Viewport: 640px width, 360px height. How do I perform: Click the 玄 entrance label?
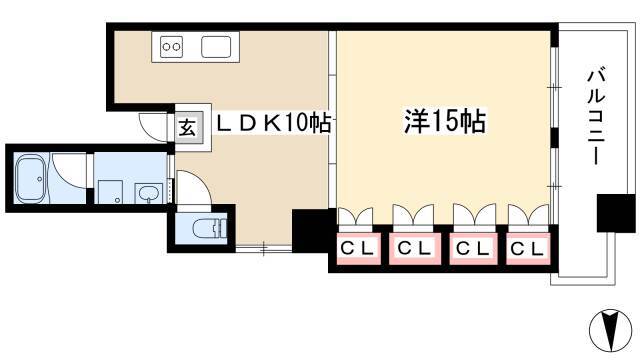[x=188, y=127]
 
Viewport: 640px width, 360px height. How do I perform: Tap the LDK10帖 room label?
[x=273, y=122]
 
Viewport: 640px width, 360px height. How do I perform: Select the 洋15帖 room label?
[x=445, y=121]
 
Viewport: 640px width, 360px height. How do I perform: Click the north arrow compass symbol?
[x=611, y=330]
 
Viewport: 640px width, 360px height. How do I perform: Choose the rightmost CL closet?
[x=528, y=248]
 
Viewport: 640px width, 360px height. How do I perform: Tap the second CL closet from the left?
[x=415, y=248]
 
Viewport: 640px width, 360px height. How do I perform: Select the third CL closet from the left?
[x=473, y=248]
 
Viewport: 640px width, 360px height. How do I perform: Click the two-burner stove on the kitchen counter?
[x=171, y=47]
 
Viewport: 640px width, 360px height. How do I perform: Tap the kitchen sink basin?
[x=216, y=47]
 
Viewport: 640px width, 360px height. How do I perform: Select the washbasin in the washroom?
[x=149, y=193]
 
